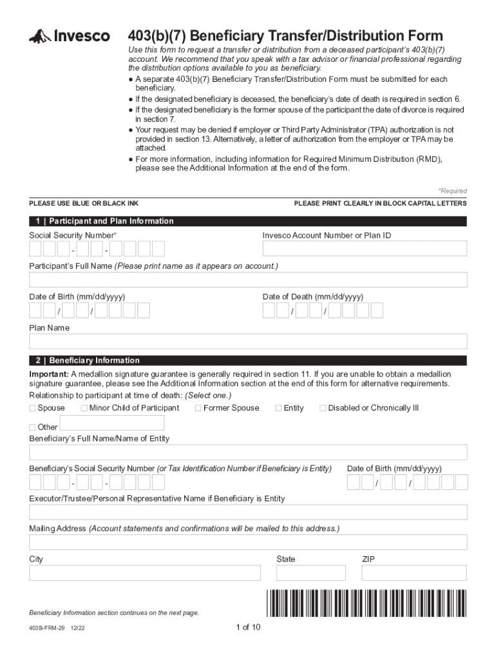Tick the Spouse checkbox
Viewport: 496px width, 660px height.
[33, 408]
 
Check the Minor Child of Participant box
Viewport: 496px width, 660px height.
[84, 408]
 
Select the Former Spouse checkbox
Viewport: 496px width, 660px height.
[198, 408]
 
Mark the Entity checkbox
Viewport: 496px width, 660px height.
[278, 408]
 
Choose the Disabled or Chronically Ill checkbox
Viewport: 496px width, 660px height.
[323, 408]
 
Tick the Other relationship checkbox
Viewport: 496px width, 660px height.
[33, 427]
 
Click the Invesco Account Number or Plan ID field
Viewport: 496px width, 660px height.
[365, 249]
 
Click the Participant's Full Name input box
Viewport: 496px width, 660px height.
[248, 280]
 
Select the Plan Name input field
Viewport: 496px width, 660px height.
[248, 342]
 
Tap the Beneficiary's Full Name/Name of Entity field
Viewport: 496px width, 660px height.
[248, 452]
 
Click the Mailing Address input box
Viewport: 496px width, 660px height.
[248, 542]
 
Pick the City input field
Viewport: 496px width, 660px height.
[145, 573]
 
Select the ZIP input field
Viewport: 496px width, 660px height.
[414, 573]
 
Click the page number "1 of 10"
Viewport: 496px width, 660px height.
[248, 628]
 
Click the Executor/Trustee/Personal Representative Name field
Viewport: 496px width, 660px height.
[248, 512]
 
